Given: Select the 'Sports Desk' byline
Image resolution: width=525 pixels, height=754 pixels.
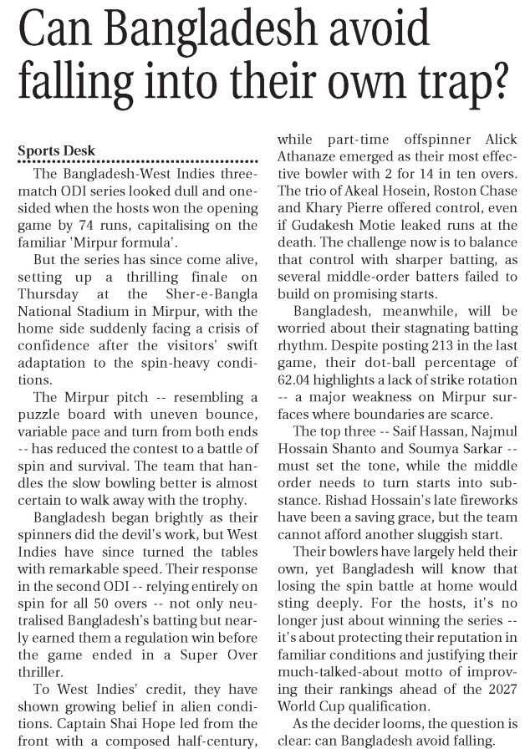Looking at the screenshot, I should (x=57, y=150).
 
